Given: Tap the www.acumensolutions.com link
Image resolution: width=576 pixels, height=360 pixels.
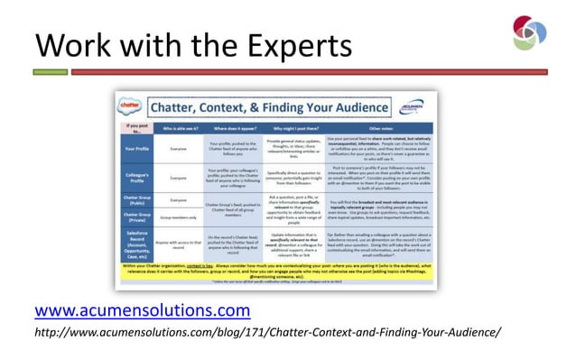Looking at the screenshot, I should [x=142, y=311].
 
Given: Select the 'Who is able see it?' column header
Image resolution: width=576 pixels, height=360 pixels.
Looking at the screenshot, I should [x=179, y=130].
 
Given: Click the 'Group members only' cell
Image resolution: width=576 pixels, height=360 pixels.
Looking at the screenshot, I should [x=179, y=218].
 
